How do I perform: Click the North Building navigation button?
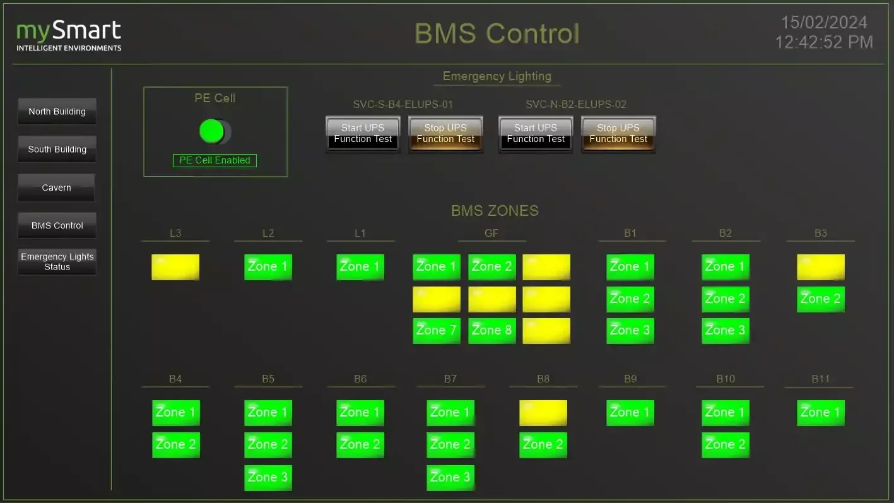coord(57,112)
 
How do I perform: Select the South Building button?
coord(57,150)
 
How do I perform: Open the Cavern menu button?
coord(56,187)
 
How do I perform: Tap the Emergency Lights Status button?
coord(57,262)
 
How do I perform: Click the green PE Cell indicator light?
coord(212,131)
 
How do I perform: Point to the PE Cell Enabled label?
coord(215,160)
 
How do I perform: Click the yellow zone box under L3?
coord(175,267)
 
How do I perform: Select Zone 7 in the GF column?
coord(436,331)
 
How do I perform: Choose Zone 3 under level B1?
coord(630,331)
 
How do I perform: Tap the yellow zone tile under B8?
coord(543,413)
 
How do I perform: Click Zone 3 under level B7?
coord(450,477)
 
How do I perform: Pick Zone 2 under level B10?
coord(725,445)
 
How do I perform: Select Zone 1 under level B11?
coord(820,413)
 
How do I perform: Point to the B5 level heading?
coord(268,379)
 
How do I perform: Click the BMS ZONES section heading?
coord(495,211)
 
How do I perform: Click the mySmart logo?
coord(69,36)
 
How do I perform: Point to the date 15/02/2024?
coord(824,23)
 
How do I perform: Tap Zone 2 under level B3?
coord(820,299)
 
